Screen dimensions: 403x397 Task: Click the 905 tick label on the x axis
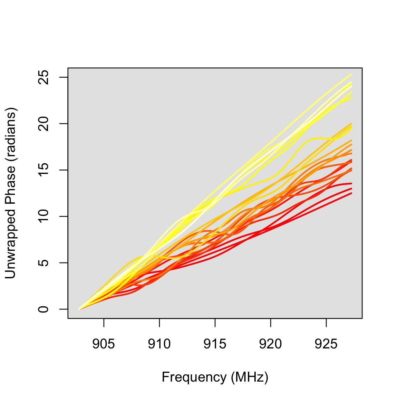tap(104, 344)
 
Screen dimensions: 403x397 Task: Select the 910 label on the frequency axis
tap(159, 344)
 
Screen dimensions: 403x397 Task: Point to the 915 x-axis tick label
tap(215, 344)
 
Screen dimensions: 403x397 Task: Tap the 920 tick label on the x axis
tap(270, 344)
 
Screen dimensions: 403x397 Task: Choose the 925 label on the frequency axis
tap(326, 344)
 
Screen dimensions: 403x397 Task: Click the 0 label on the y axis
tap(44, 309)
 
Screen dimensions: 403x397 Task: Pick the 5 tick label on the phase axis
tap(44, 263)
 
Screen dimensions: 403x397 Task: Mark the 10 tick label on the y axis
tap(44, 217)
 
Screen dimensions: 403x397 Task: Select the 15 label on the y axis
tap(44, 170)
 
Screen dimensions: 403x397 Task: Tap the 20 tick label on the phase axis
tap(44, 124)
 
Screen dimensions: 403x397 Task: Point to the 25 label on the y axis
tap(44, 77)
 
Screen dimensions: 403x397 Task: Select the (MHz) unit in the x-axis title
tap(249, 377)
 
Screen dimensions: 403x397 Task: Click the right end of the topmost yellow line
tap(351, 74)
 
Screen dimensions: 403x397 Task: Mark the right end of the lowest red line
tap(351, 193)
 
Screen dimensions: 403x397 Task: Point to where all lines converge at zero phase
tap(79, 309)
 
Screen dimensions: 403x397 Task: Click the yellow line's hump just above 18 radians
tap(316, 138)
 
